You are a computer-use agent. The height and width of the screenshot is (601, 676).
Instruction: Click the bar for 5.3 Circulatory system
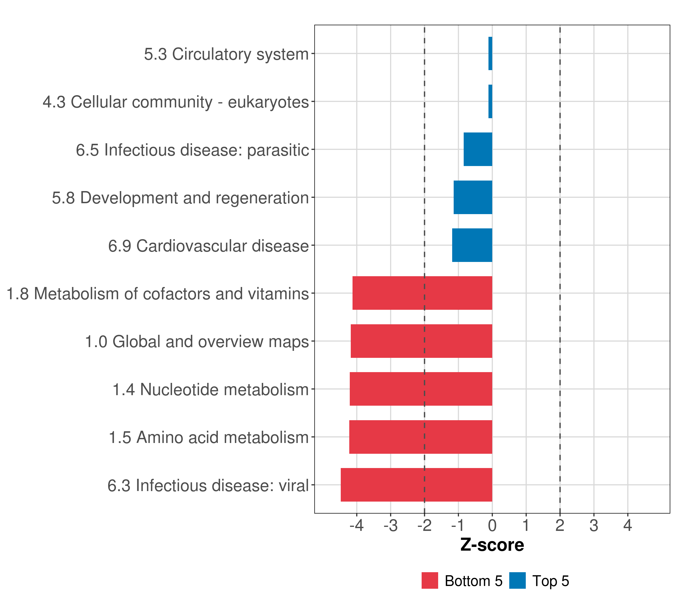490,54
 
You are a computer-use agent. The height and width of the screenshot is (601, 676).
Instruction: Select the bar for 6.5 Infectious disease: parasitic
478,149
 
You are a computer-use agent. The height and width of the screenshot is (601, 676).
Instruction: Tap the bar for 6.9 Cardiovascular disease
472,245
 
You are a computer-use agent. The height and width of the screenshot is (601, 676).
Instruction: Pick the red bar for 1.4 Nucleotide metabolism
421,389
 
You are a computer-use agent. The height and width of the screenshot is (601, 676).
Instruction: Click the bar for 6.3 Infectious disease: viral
416,485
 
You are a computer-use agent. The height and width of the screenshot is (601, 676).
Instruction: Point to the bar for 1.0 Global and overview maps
421,341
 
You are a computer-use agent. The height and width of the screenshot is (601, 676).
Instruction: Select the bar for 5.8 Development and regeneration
473,197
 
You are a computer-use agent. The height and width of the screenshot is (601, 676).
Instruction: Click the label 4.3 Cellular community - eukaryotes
176,102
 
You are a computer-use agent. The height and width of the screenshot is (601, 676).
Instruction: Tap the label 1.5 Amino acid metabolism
209,437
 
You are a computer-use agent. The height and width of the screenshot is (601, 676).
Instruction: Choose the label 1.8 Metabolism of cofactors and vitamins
157,294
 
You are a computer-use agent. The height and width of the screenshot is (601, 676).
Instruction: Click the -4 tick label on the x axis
357,526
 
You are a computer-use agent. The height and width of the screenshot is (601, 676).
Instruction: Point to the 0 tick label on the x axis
492,526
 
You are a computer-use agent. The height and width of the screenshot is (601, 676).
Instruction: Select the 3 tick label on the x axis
594,526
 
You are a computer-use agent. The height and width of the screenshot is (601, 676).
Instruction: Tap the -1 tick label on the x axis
458,526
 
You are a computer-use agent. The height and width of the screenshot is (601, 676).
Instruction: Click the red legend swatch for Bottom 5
430,580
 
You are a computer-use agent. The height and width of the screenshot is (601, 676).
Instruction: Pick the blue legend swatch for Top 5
517,580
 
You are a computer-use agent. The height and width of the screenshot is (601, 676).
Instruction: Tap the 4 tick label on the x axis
628,526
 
